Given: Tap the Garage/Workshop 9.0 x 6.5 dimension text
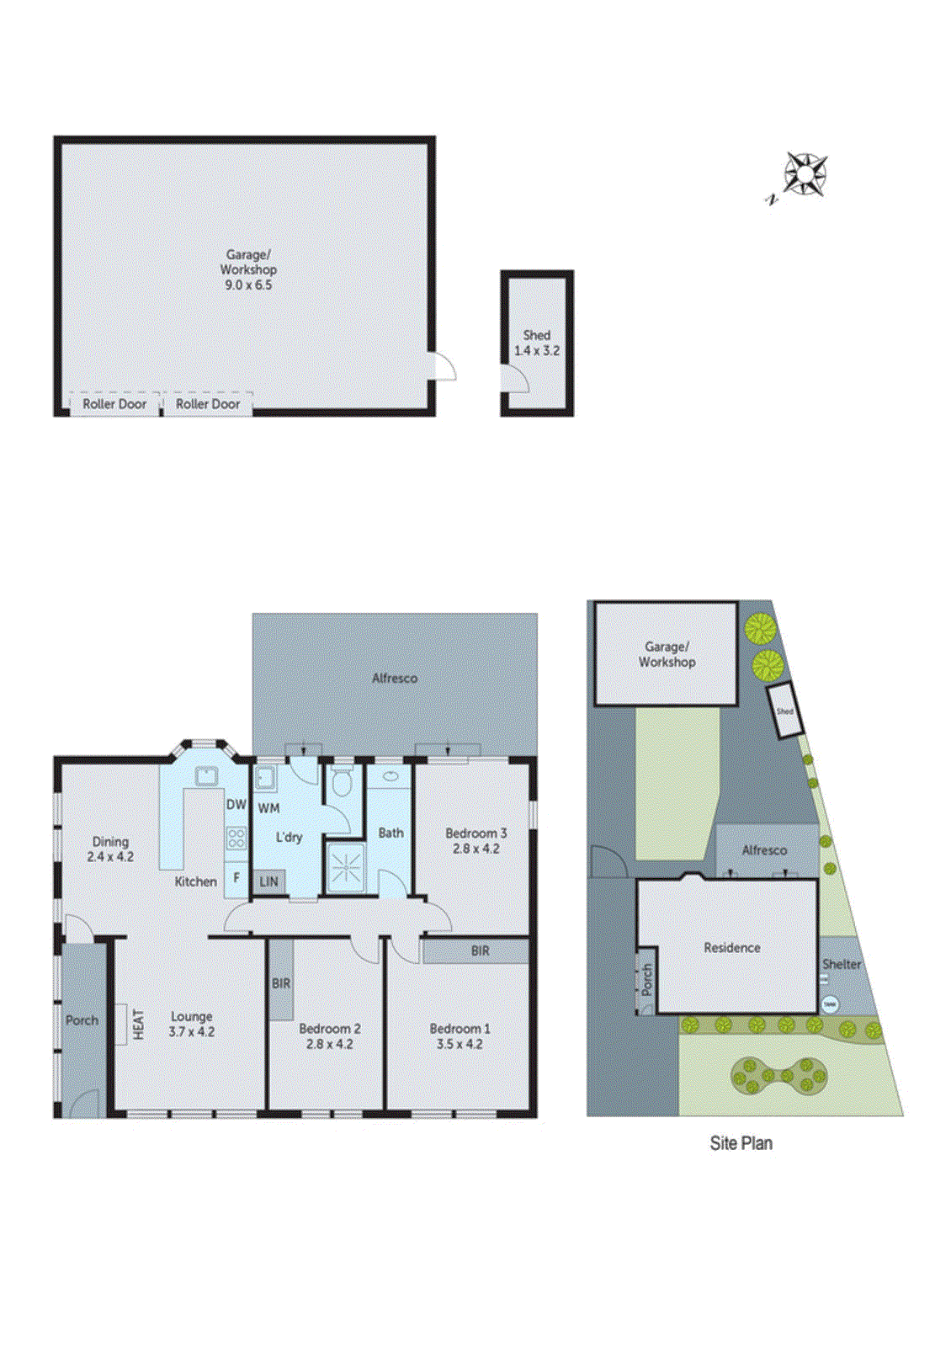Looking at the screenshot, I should coord(248,285).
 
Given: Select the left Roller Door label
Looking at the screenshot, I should coord(114,404).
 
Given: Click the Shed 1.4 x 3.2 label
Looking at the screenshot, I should coord(537,343).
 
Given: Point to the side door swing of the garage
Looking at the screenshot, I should coord(443,366).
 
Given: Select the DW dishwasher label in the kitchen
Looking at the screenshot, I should coord(236,805).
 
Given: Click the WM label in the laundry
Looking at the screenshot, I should coord(268,808).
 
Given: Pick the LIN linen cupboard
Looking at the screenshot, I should coord(269,881).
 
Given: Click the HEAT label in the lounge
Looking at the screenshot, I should coord(139,1025).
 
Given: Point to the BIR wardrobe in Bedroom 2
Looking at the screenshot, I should coord(281,982).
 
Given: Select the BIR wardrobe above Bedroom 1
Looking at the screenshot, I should coord(480,951).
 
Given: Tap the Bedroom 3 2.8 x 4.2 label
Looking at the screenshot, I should coord(476,841).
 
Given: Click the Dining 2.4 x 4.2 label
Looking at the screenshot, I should coord(110,849).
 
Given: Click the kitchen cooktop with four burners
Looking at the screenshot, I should coord(236,838).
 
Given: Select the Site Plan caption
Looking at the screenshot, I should coord(741,1143).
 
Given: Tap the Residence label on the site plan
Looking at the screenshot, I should coord(731,948).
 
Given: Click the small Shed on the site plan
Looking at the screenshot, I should coord(784,711).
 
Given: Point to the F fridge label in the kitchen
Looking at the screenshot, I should coord(236,877).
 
